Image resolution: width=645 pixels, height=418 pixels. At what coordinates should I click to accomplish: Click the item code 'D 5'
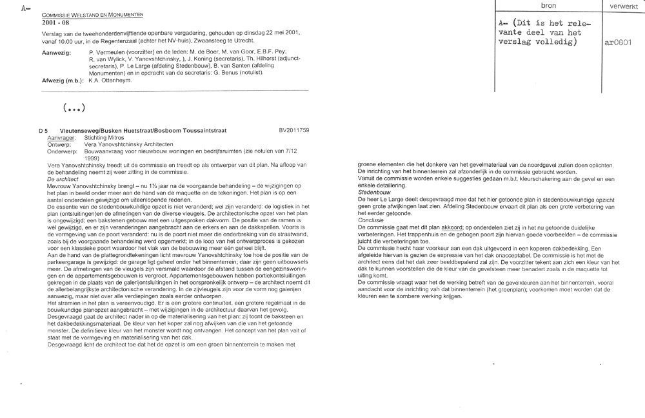[x=44, y=131]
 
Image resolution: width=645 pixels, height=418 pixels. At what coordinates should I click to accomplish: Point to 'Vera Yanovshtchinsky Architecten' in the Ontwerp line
[x=123, y=144]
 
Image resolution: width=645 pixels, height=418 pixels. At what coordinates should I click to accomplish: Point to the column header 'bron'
[x=548, y=5]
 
